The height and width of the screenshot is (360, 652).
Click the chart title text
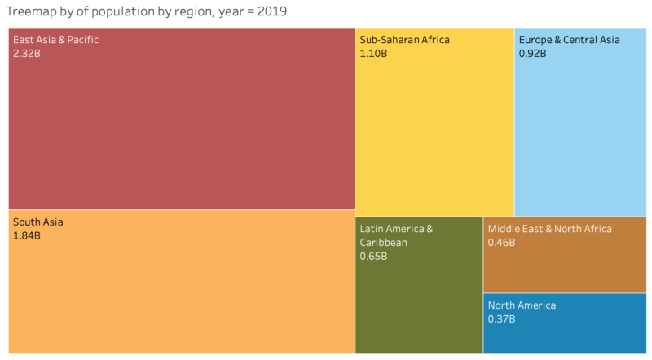[x=146, y=12]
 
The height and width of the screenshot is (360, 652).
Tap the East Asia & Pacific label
[x=55, y=39]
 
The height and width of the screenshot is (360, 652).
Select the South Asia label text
[x=37, y=222]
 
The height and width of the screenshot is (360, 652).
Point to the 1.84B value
[x=27, y=235]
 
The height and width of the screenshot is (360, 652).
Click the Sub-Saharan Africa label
[x=404, y=39]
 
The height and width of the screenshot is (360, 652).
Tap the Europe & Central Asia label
[x=569, y=39]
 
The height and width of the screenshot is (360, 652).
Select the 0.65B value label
[x=373, y=256]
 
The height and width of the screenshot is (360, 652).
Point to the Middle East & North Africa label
[x=549, y=229]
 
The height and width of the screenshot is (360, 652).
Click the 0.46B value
[x=501, y=243]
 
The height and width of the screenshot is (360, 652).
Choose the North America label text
[x=522, y=305]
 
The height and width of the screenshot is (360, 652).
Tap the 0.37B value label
[x=501, y=319]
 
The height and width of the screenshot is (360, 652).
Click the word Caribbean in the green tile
[x=384, y=242]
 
